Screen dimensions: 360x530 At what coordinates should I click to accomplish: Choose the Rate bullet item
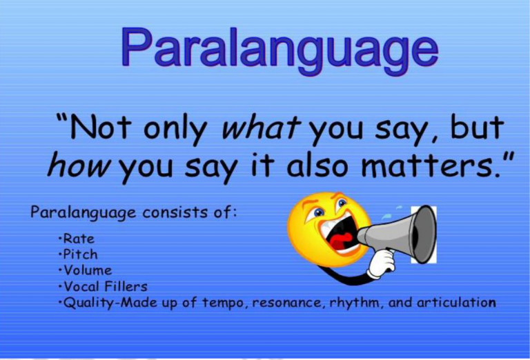click(78, 239)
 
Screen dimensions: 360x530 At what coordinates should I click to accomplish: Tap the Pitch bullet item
click(79, 254)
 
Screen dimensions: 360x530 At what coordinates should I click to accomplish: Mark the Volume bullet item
click(86, 270)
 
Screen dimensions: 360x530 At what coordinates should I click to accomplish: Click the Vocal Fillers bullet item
click(104, 286)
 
